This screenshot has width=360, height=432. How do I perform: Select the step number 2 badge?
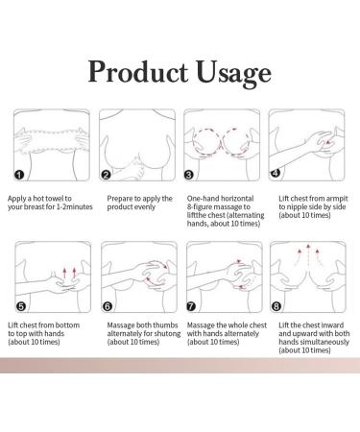coord(106,176)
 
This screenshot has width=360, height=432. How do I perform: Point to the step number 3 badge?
coord(190,176)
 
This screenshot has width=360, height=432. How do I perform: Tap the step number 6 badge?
coord(106,306)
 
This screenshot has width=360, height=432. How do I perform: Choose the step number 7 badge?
coord(190,306)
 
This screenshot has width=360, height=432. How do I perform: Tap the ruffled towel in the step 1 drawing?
coord(53,134)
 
